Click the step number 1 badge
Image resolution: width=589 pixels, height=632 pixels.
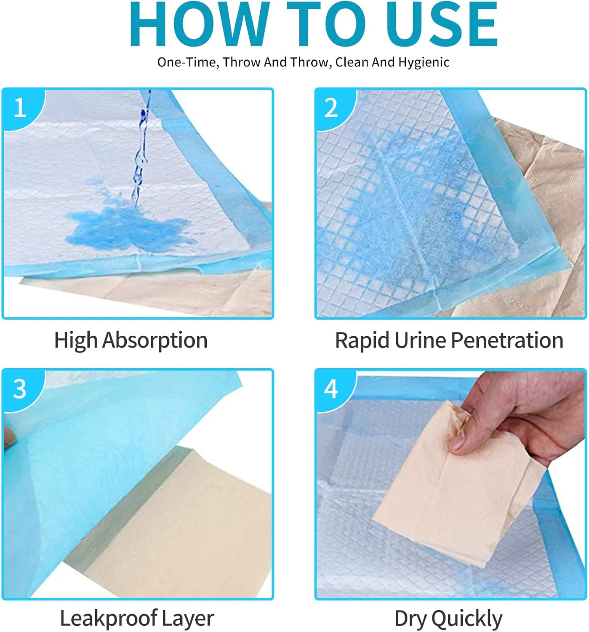[x=20, y=108]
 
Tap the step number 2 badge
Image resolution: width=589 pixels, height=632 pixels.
[x=331, y=108]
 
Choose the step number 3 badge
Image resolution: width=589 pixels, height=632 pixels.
[x=20, y=388]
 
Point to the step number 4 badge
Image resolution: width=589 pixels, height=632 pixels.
[x=331, y=388]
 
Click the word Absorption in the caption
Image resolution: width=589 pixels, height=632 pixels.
[x=155, y=340]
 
